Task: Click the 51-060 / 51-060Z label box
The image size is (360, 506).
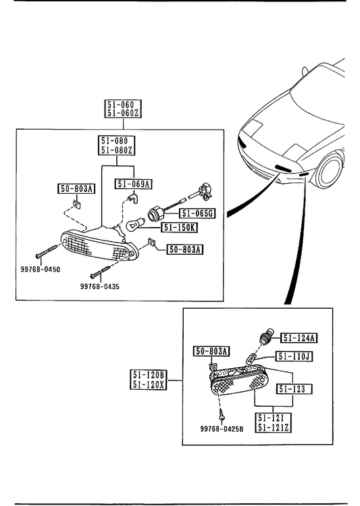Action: coord(123,109)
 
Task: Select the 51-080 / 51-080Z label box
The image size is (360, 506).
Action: coord(116,145)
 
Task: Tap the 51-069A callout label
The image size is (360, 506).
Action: coord(134,184)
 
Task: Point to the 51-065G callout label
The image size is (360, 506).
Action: coord(197,213)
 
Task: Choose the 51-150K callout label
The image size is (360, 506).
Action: coord(180,228)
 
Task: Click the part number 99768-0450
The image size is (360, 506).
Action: coord(41,269)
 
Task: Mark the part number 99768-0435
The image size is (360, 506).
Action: coord(100,286)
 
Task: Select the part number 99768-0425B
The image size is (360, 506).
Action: coord(222,429)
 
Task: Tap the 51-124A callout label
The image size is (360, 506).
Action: coord(299,338)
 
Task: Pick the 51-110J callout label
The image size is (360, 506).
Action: coord(294,357)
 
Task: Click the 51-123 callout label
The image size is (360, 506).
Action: coord(294,389)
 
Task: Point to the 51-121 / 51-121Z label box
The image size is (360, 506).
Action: coord(274,423)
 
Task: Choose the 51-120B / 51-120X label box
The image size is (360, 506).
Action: coord(149,380)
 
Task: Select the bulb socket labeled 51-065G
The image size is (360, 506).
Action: coord(156,214)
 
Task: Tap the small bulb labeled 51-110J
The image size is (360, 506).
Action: coord(251,359)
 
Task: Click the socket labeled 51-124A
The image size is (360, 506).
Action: coord(266,337)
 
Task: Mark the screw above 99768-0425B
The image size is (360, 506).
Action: coord(222,415)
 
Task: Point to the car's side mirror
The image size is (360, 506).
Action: coord(305,72)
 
